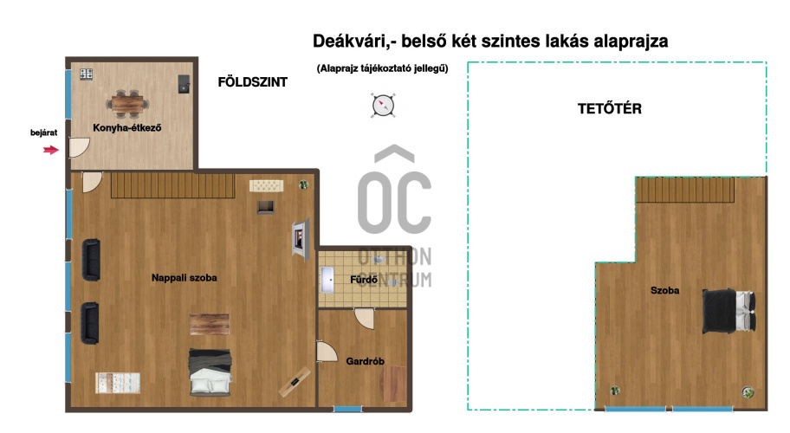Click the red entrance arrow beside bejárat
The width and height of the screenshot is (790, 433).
coord(51,150)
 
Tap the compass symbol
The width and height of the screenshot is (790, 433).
coord(383,106)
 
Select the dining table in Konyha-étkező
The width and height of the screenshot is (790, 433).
coord(127,103)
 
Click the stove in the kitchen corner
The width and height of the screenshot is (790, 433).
coord(86,74)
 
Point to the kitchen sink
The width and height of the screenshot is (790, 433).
coord(184,84)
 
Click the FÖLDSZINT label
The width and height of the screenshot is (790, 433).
coord(252,82)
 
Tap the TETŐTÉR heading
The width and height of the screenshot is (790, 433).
coord(610,109)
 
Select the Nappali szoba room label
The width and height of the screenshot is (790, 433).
coord(185,277)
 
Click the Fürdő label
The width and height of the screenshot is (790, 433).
coord(364,280)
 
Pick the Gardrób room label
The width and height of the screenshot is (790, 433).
coord(366,361)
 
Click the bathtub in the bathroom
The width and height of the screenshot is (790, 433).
coord(327,280)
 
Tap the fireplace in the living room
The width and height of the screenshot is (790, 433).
coord(301,239)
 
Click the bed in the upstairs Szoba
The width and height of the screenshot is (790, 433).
coord(729,310)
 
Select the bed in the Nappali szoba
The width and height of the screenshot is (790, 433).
coord(210,372)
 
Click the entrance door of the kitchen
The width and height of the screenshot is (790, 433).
coord(79,147)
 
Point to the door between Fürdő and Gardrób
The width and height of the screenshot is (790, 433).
coord(365,319)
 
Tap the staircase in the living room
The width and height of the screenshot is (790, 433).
coord(173,184)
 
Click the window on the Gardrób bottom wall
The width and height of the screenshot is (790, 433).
coord(347,409)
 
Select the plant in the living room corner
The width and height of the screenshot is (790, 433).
coord(303,184)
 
